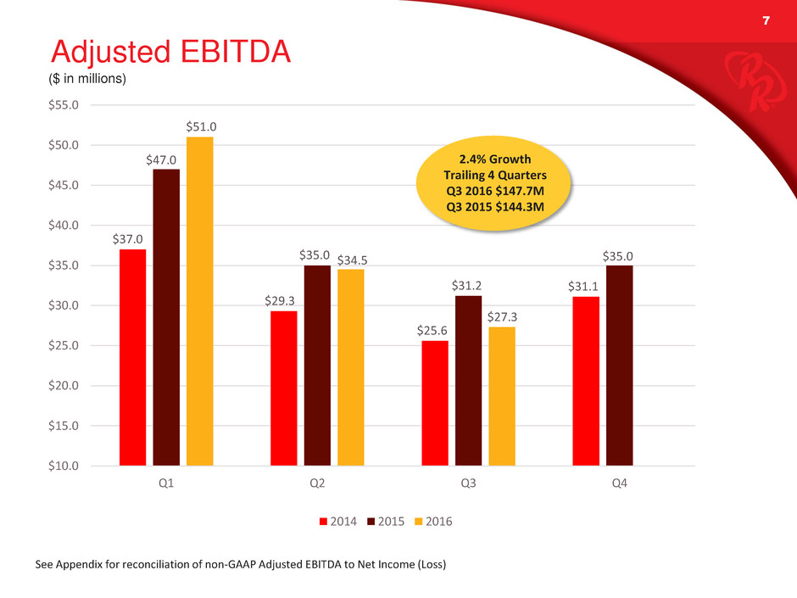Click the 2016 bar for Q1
coord(199,301)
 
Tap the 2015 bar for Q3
coord(468,380)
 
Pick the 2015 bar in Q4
coord(619,365)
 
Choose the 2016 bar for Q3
coord(501,396)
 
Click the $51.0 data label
coord(199,126)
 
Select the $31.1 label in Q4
coord(585,286)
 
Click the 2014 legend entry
coord(337,522)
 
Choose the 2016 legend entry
coord(432,522)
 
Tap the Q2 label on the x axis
coord(316,483)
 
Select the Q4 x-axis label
coord(619,483)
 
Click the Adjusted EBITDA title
coord(170,53)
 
